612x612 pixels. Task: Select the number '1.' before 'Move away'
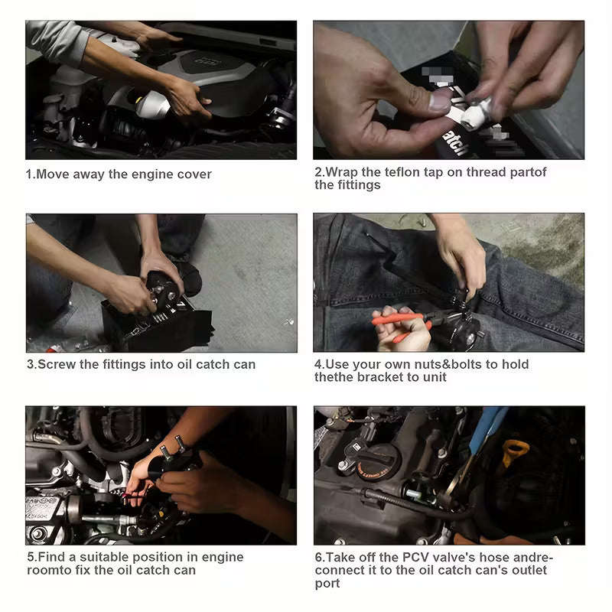[x=31, y=174]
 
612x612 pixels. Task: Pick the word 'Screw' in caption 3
[x=56, y=364]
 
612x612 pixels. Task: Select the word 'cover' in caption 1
[x=194, y=174]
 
